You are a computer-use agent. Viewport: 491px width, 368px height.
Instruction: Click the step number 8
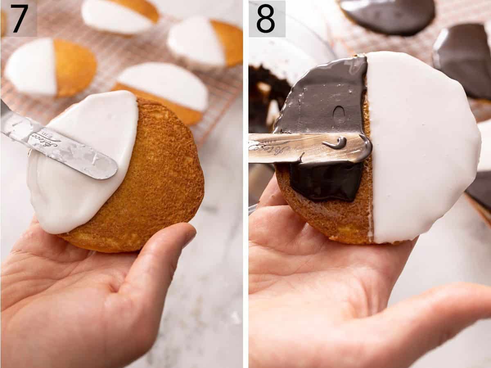(x=266, y=18)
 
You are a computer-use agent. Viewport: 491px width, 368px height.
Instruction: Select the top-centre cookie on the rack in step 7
(x=121, y=16)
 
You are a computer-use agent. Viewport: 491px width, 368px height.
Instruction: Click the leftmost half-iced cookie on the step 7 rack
(x=49, y=68)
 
